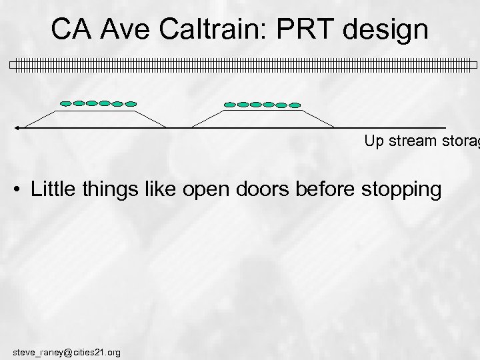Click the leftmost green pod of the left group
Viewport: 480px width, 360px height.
[x=65, y=103]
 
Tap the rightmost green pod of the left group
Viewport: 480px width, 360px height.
[x=131, y=104]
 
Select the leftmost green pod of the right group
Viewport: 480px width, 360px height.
[x=229, y=104]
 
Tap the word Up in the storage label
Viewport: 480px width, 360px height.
[x=372, y=141]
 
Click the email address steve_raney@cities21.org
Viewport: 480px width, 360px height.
[x=66, y=351]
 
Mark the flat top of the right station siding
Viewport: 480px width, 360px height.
[x=263, y=111]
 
